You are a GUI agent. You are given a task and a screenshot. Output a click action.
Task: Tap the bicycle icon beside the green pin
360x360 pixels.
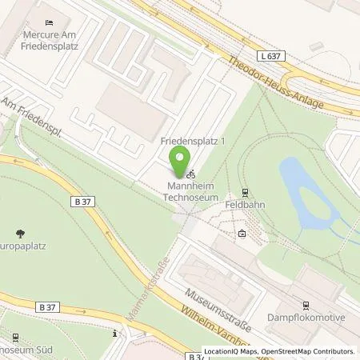click(190, 172)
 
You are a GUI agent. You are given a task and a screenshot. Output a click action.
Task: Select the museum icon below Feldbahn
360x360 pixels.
click(242, 234)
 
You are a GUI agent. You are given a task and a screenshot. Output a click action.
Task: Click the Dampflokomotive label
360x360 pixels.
click(306, 318)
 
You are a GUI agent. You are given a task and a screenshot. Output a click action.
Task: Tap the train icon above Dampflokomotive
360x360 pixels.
click(305, 304)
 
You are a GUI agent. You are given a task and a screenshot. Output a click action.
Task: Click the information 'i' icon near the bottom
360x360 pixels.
click(118, 334)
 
